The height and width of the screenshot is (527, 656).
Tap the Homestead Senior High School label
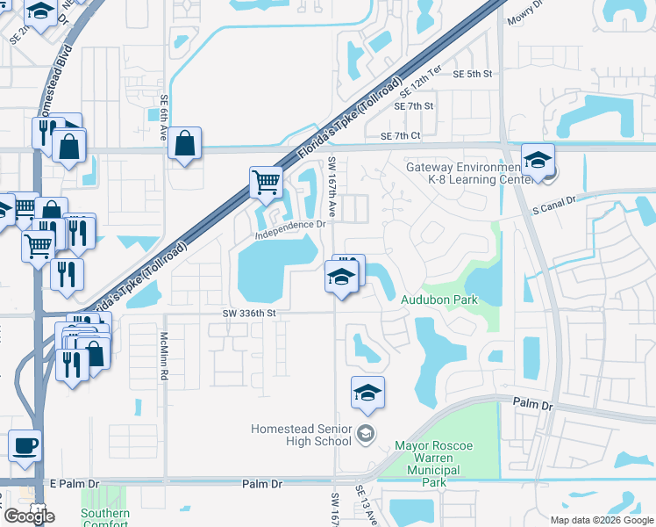tap(301, 435)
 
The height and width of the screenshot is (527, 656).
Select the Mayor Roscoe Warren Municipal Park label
tap(433, 464)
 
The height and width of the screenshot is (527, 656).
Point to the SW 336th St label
tap(250, 312)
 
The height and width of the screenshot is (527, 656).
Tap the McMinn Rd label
tap(164, 356)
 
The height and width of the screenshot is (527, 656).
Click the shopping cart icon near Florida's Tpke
tap(266, 182)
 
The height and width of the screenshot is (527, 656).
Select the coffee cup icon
tap(25, 444)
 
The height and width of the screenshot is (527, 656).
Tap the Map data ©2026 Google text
tap(601, 519)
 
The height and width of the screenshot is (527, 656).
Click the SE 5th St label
tap(473, 75)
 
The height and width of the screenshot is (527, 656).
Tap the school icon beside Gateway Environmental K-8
tap(538, 160)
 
